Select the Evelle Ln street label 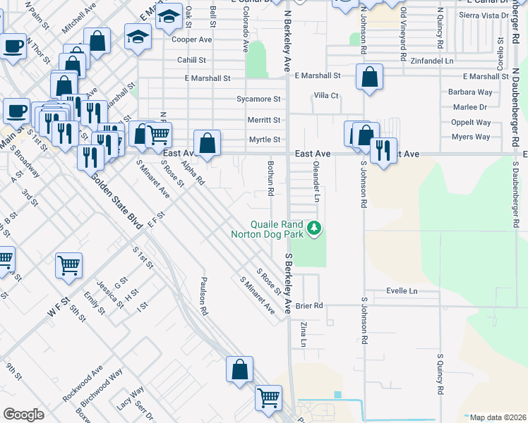pos(402,290)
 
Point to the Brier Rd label pos(309,305)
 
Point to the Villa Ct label pos(326,95)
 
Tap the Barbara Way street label pos(469,92)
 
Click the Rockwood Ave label pos(83,383)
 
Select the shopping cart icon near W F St pos(69,265)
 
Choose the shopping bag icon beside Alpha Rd pos(207,143)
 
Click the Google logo pos(23,414)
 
